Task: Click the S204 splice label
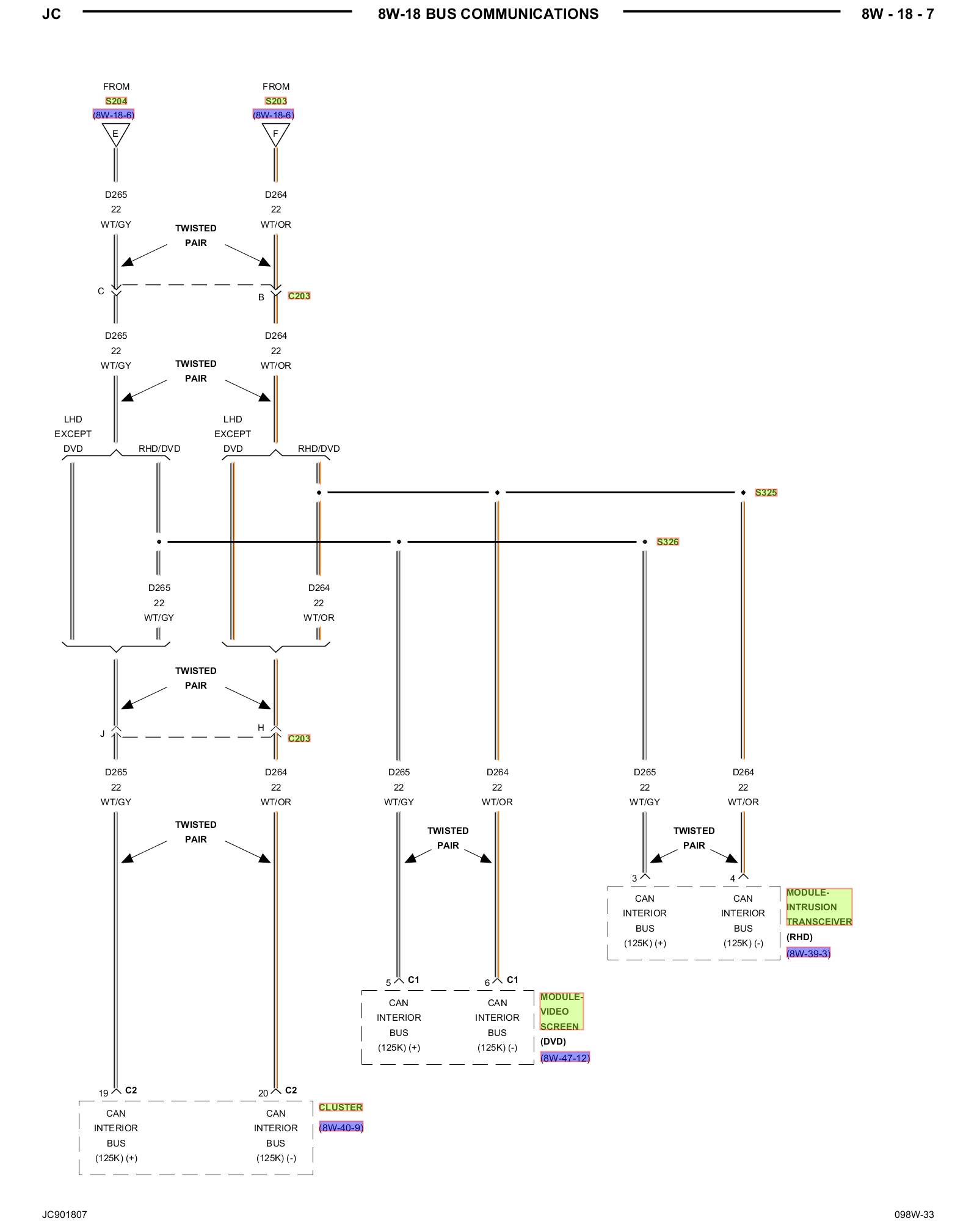coord(116,101)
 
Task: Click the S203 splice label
coord(276,101)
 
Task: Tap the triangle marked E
coord(115,134)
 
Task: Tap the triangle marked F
coord(275,134)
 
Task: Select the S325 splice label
coord(766,493)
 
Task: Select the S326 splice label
coord(667,542)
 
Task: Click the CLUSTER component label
coord(341,1107)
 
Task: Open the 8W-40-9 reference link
coord(341,1128)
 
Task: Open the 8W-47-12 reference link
coord(565,1058)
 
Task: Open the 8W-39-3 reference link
coord(808,954)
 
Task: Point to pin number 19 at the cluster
coord(103,1093)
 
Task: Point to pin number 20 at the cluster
coord(263,1093)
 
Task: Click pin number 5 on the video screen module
coord(388,983)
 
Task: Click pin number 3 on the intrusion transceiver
coord(634,879)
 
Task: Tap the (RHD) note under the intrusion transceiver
coord(799,937)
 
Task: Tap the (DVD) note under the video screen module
coord(553,1042)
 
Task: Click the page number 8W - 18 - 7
coord(897,14)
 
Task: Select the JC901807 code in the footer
coord(65,1214)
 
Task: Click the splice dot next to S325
coord(743,493)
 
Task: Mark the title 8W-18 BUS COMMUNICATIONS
coord(488,14)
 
